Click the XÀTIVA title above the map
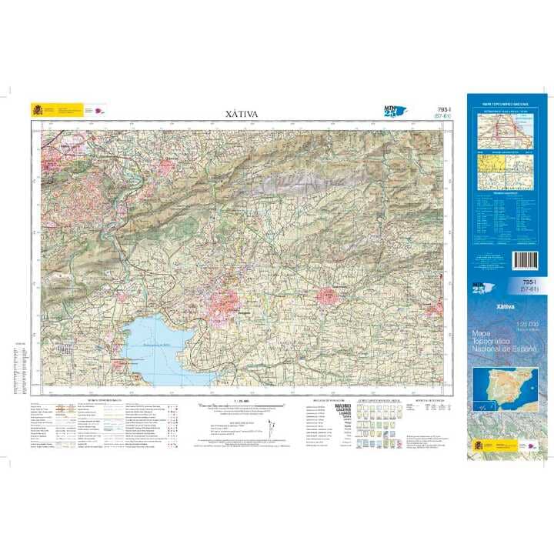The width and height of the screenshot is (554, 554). pos(242,114)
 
